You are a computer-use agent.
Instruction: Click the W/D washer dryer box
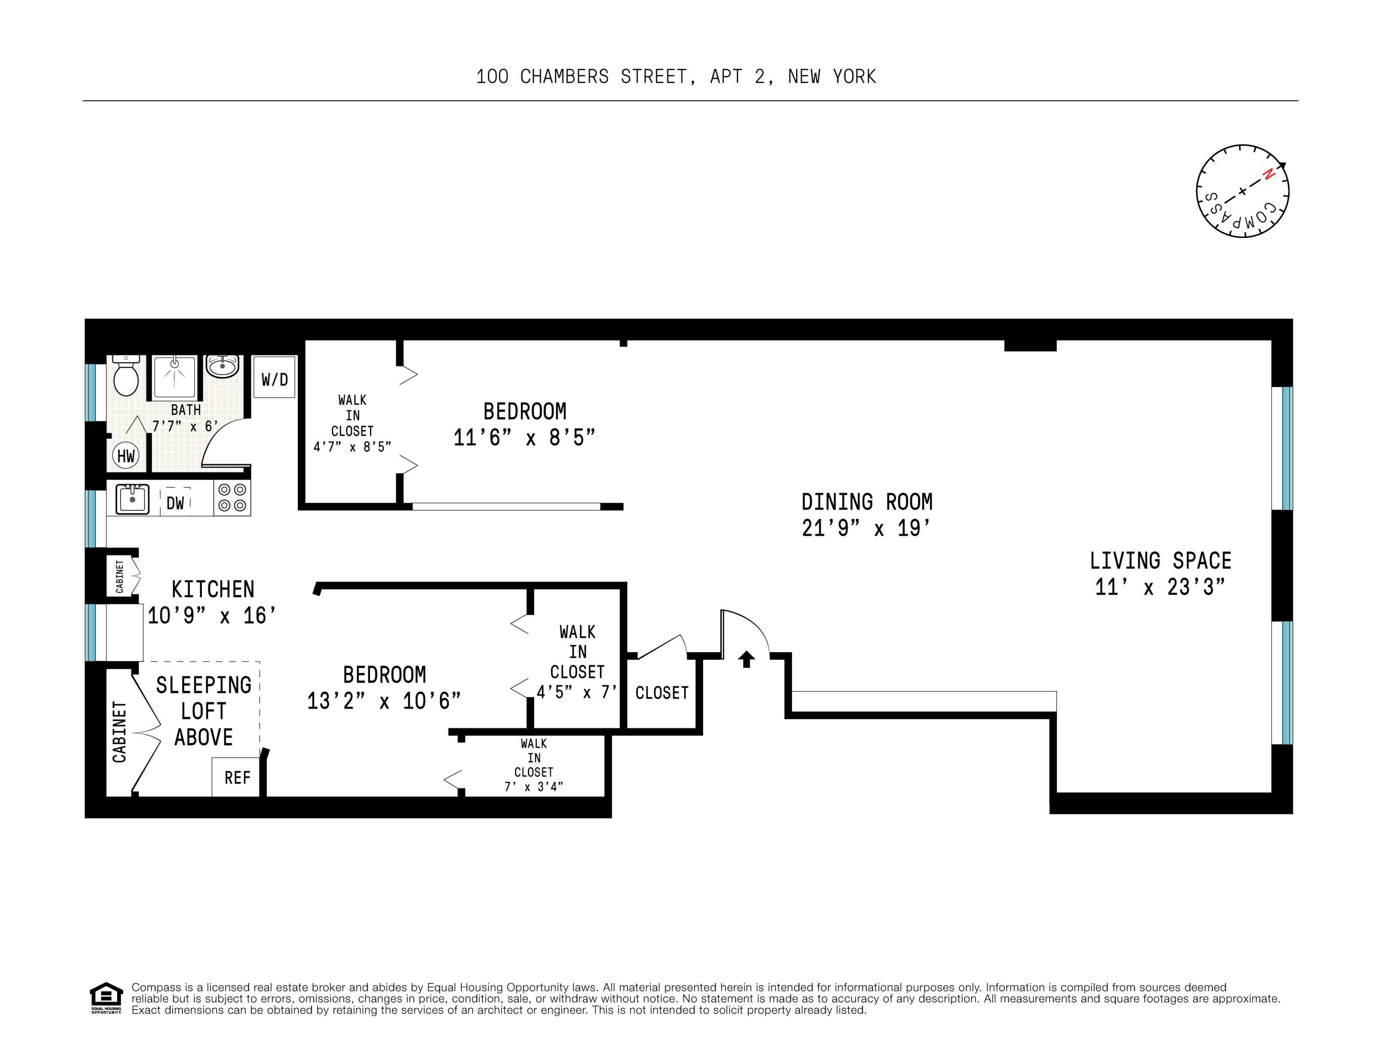click(x=274, y=378)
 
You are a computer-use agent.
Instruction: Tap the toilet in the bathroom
click(x=126, y=377)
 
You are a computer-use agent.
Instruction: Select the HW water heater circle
click(x=126, y=456)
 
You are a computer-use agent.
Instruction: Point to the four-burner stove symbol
click(x=232, y=498)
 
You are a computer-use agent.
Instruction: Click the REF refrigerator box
click(x=237, y=778)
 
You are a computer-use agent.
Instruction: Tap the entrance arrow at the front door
click(x=746, y=659)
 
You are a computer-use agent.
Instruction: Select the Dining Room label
click(x=867, y=502)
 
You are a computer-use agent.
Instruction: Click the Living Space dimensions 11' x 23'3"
click(x=1160, y=587)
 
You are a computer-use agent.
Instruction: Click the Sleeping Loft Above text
click(x=203, y=711)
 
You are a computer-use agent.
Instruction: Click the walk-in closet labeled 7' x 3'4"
click(x=534, y=765)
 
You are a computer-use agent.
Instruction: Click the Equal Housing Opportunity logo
click(x=106, y=997)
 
